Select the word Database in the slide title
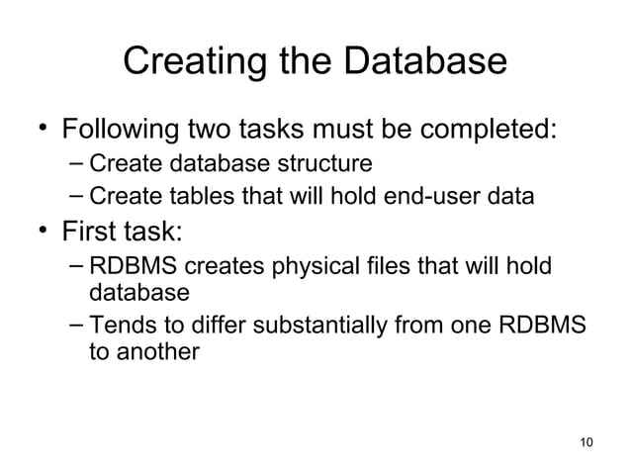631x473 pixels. (x=424, y=61)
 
